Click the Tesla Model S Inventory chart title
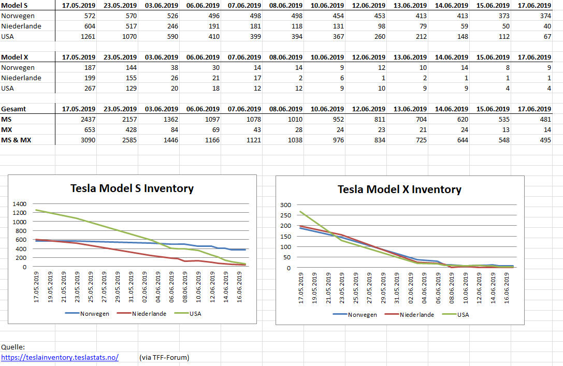(x=132, y=188)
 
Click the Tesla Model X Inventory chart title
(x=399, y=189)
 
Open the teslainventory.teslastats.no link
(x=60, y=357)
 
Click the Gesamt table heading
(x=14, y=109)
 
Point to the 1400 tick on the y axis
(x=20, y=204)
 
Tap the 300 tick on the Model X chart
(x=286, y=205)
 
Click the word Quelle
(x=13, y=347)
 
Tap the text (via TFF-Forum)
(x=164, y=357)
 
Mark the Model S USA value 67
(x=546, y=37)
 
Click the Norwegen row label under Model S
(x=18, y=16)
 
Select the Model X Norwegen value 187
(x=88, y=68)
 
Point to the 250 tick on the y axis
(x=286, y=215)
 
